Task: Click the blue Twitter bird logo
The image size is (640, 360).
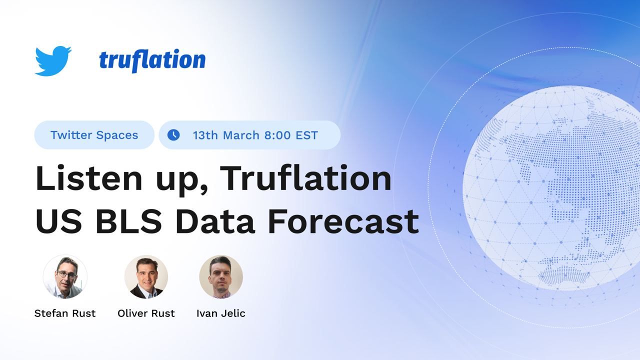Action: pos(52,60)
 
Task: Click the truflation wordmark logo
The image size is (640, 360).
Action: pos(152,60)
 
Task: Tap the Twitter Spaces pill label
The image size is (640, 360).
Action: pos(94,135)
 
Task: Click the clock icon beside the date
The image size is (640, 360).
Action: pos(173,135)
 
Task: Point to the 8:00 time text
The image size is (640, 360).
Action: pos(277,135)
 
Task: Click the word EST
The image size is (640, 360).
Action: pos(306,135)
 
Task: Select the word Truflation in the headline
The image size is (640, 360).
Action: pos(305,178)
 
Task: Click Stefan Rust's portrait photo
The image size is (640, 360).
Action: pos(65,277)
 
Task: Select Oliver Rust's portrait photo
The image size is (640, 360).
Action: pos(146,277)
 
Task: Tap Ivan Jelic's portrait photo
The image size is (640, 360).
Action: pos(221,277)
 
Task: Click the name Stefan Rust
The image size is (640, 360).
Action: pos(65,313)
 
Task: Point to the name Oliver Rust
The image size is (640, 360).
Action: pos(146,313)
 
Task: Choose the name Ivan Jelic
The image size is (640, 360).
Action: pos(221,313)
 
